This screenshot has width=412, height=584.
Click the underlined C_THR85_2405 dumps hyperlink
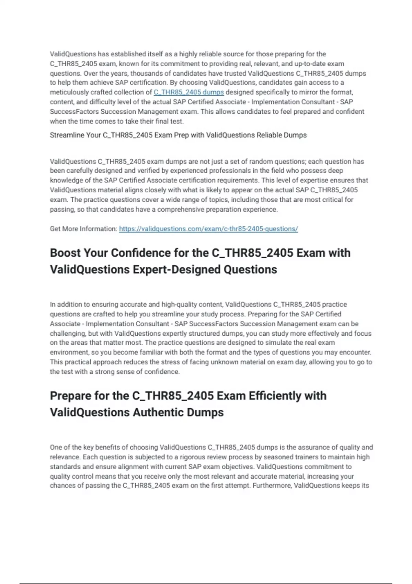pos(188,92)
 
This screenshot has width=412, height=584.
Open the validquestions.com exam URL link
pos(208,229)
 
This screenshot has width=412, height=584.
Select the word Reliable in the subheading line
pos(269,135)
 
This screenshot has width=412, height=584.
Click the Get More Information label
pos(83,229)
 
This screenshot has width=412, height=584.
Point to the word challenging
pos(68,334)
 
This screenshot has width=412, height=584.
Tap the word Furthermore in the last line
pos(272,486)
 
